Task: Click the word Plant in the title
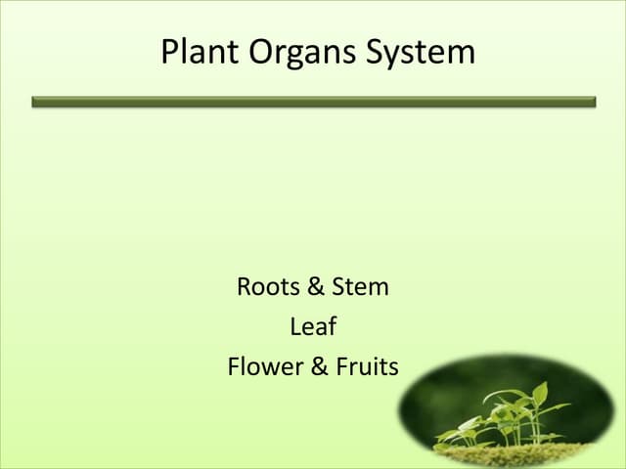197,51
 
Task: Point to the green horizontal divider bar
313,102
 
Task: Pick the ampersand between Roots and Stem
315,287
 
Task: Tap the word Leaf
313,327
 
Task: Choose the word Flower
262,367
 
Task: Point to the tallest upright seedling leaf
540,395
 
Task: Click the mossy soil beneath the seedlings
509,453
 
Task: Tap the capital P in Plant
170,51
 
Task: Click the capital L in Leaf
294,327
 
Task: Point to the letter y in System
397,56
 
